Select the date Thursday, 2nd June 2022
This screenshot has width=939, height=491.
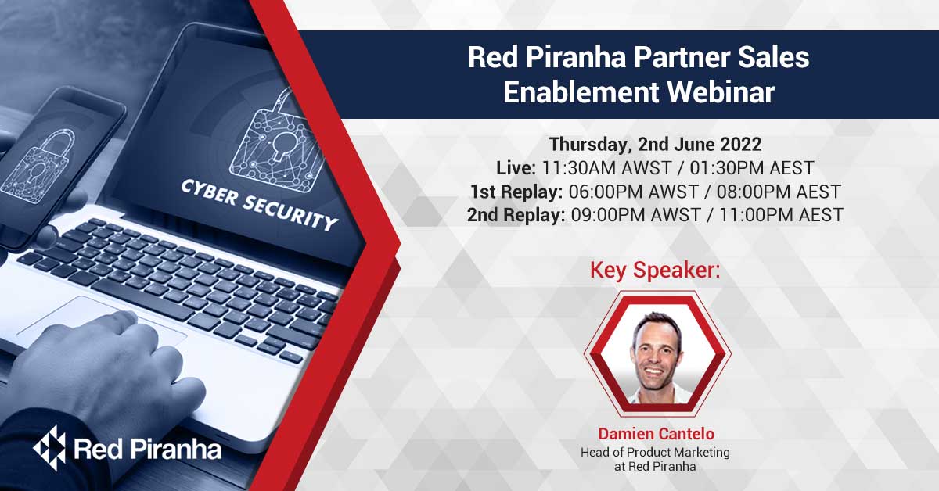[655, 145]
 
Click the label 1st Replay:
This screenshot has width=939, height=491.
[516, 192]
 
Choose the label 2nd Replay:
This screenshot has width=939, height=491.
[516, 215]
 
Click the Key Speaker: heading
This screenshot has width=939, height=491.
[655, 270]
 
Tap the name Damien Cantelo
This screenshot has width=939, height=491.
[656, 434]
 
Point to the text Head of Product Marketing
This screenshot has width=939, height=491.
[655, 453]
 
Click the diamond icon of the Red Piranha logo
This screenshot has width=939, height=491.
[50, 448]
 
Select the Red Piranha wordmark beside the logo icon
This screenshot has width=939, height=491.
[148, 449]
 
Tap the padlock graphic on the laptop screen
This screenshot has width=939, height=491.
[277, 142]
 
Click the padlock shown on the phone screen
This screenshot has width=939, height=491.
[38, 167]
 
